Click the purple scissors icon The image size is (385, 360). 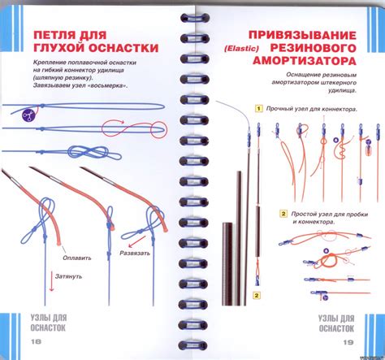pos(28,115)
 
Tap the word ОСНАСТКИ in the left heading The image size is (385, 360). pos(123,48)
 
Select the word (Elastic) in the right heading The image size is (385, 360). pos(241,49)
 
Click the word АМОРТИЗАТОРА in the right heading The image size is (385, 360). pos(305,61)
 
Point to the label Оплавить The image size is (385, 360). pos(77,258)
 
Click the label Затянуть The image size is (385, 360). pos(68,276)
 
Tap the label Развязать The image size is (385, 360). pos(135,254)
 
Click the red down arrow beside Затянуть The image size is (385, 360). pos(51,281)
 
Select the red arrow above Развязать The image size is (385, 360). pos(136,241)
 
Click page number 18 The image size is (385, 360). pos(36,341)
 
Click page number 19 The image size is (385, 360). pos(348,342)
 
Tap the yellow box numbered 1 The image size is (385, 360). pos(259,109)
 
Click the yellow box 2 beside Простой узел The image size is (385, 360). pos(283,214)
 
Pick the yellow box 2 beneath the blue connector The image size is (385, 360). pos(257,295)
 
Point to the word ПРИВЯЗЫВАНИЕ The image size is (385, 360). pos(302,36)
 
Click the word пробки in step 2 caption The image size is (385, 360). pos(357,215)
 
